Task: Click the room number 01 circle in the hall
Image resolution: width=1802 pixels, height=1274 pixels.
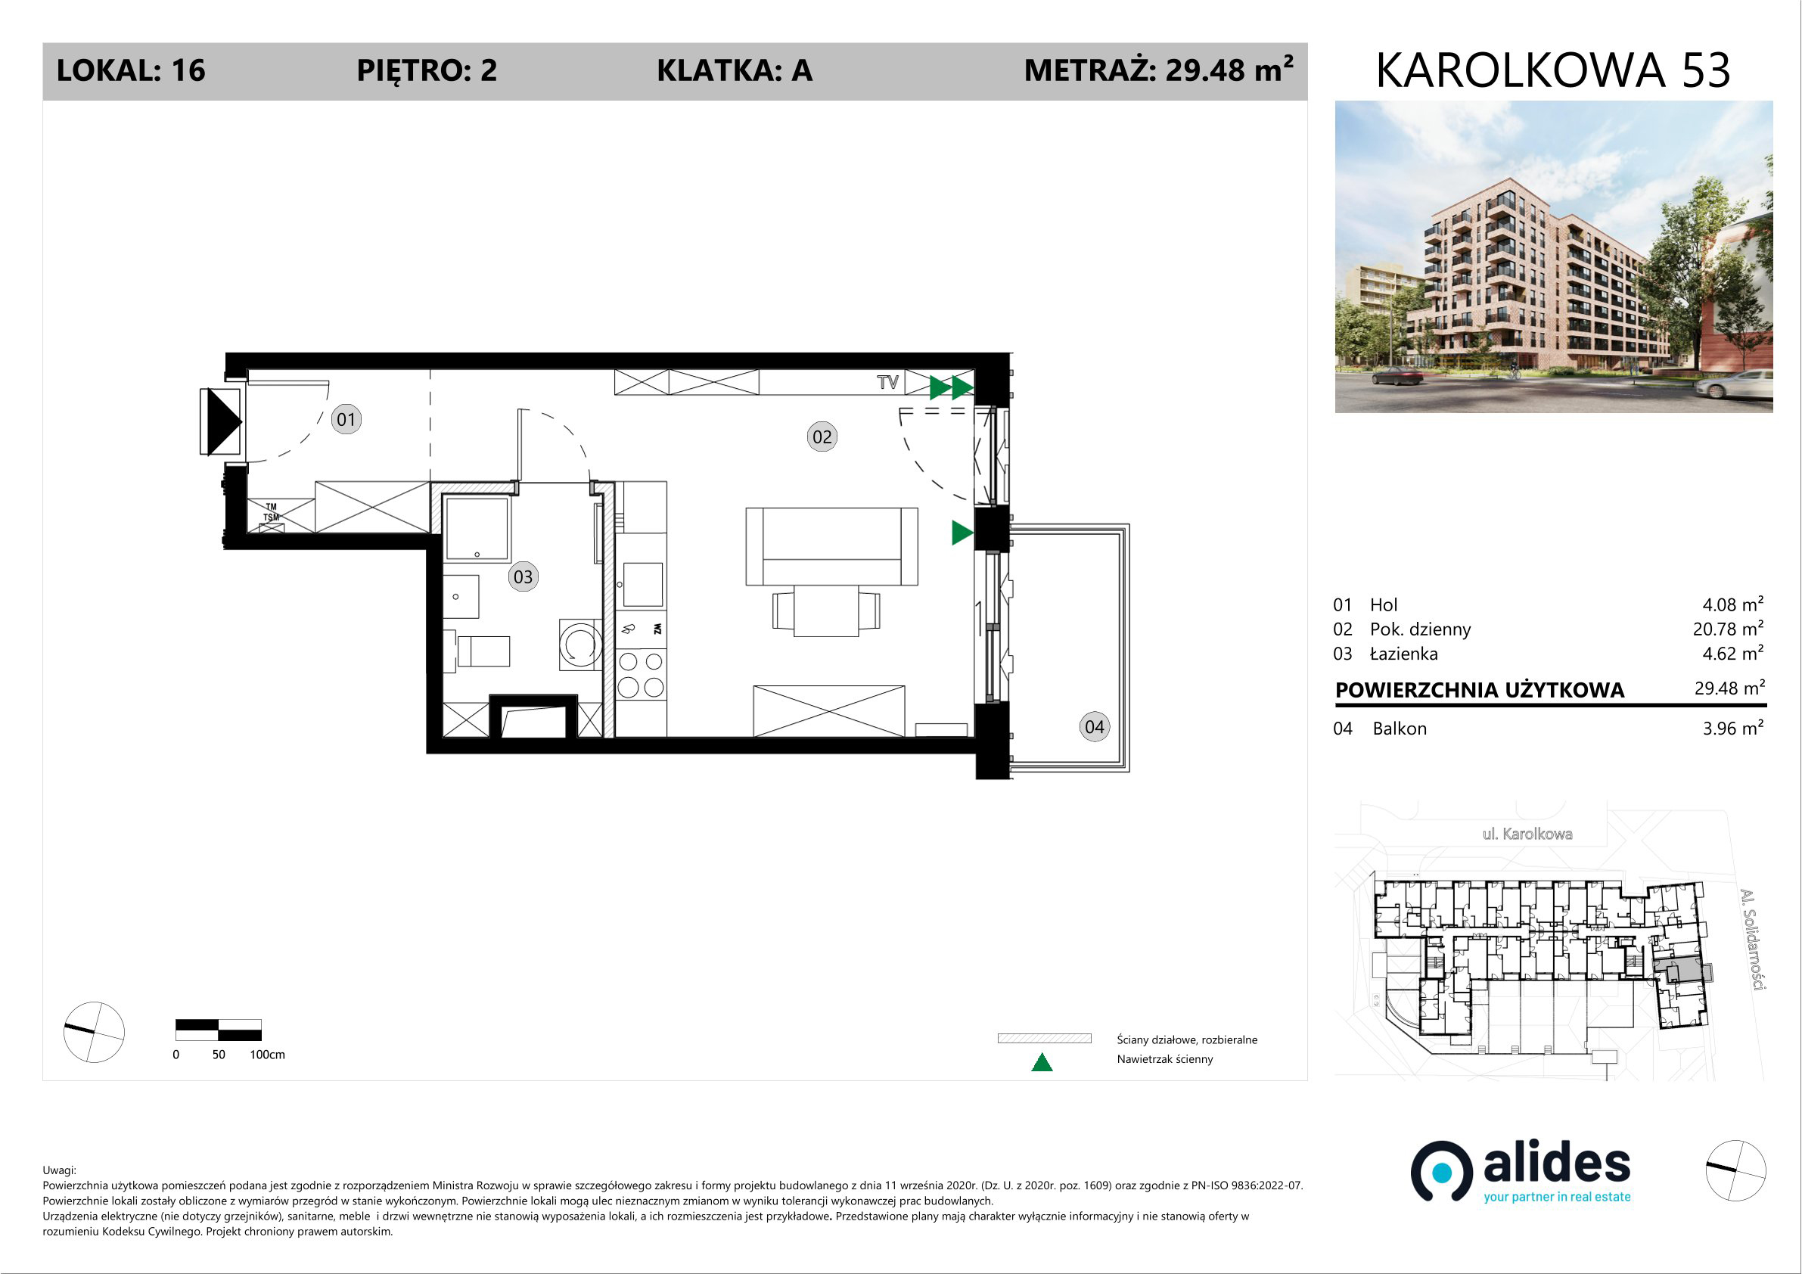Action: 346,419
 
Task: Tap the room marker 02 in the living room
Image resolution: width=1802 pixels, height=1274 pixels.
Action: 822,437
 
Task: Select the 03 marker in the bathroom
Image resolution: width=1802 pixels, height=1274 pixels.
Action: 523,577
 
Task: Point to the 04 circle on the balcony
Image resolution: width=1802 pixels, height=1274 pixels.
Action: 1094,727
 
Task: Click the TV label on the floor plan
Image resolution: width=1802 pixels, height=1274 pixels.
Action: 887,382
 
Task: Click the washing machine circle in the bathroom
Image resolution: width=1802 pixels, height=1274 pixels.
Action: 581,645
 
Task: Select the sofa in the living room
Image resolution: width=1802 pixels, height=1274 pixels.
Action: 831,546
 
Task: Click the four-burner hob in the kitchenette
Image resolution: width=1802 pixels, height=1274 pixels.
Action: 641,674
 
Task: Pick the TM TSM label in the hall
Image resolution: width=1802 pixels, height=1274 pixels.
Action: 271,513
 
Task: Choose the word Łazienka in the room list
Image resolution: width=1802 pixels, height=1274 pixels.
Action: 1404,654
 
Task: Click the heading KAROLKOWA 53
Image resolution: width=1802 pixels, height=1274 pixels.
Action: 1553,70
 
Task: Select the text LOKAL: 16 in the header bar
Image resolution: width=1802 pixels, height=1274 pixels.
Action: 131,70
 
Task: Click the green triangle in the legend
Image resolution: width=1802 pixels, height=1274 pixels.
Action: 1042,1062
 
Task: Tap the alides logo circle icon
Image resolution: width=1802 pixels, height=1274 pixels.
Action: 1442,1172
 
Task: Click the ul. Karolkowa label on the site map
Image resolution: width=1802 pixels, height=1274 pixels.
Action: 1527,834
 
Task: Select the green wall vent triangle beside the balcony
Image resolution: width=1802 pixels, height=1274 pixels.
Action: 962,533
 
